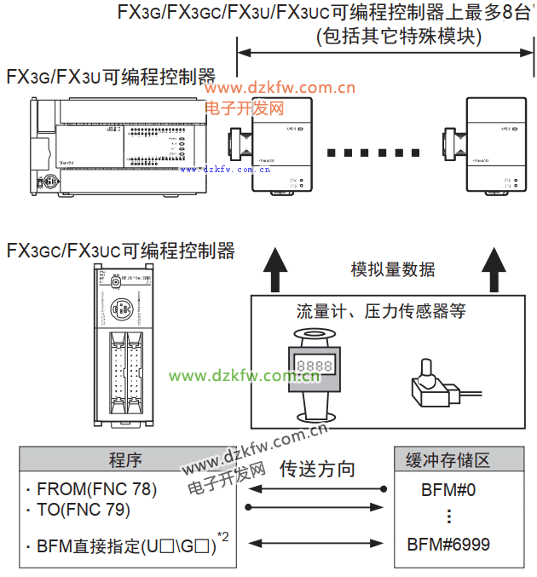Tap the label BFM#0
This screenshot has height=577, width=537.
click(x=447, y=491)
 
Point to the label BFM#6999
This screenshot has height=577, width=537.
click(x=447, y=544)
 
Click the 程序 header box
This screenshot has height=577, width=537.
click(x=124, y=460)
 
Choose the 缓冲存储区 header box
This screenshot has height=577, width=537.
click(x=447, y=460)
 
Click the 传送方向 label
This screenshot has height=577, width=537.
click(x=317, y=469)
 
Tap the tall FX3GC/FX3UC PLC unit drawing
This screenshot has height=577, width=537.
click(x=124, y=344)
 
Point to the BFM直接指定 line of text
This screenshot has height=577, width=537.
click(x=124, y=545)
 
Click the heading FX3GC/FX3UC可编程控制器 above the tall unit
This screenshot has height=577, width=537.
click(x=120, y=251)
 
